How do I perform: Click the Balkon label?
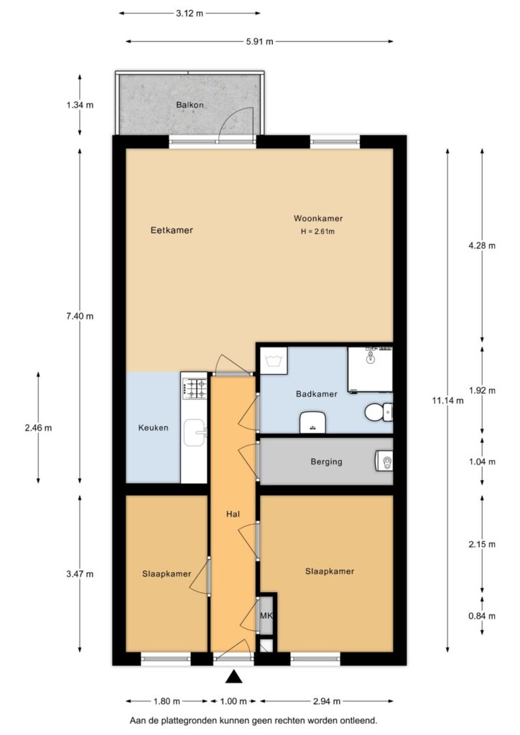(x=190, y=105)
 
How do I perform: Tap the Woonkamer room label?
(x=318, y=218)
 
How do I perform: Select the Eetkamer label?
(x=172, y=230)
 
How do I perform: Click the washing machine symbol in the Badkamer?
(x=274, y=361)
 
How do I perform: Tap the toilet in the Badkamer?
(x=379, y=412)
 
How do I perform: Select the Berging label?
(x=326, y=462)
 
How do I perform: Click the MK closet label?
(x=266, y=615)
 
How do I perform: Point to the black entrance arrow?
(x=233, y=678)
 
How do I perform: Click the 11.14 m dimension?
(x=447, y=401)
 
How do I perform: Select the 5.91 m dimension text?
(x=259, y=42)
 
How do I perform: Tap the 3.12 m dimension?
(x=190, y=14)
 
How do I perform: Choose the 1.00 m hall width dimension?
(x=233, y=701)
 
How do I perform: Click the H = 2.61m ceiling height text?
(x=318, y=232)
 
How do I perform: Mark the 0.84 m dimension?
(x=482, y=616)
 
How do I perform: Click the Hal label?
(x=233, y=514)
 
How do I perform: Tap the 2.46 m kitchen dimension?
(x=39, y=428)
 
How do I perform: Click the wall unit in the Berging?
(x=384, y=462)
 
